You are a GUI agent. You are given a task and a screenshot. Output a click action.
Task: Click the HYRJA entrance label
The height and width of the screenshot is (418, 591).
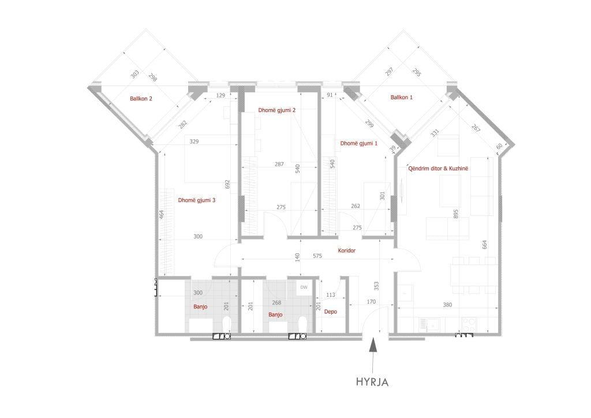tap(372, 382)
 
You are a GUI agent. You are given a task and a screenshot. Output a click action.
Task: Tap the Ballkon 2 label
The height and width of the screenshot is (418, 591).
tap(141, 99)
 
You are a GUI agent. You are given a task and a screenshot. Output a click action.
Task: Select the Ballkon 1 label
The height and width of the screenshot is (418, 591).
tap(402, 97)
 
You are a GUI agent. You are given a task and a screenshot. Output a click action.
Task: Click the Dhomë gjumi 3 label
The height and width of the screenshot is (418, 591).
tap(197, 200)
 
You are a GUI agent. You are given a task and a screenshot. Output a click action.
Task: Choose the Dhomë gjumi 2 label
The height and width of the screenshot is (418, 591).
tap(276, 110)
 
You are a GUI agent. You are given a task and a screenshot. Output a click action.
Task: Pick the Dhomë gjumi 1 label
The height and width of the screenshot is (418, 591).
tap(359, 143)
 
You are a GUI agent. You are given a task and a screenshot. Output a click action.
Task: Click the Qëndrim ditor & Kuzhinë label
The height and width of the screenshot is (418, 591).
tap(438, 169)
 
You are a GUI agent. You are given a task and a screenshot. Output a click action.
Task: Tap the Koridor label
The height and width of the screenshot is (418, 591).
tap(347, 250)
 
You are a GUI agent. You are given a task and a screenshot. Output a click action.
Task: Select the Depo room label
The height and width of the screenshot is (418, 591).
tap(331, 312)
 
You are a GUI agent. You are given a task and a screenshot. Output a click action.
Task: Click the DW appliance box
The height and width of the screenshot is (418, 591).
tap(304, 287)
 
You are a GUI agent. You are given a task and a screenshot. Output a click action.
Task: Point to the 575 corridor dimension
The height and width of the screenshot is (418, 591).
tap(317, 256)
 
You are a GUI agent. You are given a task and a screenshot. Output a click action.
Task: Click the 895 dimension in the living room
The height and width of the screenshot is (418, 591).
tap(456, 214)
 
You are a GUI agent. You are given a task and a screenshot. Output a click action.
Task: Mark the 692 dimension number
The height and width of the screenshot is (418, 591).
tap(227, 184)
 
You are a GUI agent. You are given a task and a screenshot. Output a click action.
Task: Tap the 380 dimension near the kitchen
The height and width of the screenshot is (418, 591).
tap(447, 305)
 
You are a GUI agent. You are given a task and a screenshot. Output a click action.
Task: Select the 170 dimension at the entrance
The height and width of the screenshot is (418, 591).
tap(371, 301)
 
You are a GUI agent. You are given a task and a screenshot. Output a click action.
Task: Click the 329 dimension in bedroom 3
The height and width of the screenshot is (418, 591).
tap(194, 141)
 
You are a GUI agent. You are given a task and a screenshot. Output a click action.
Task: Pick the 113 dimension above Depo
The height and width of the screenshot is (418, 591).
tap(331, 295)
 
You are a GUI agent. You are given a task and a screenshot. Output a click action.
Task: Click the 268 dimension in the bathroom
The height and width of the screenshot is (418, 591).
tap(276, 303)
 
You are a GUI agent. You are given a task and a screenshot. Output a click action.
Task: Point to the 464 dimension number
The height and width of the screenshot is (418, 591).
tap(162, 214)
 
